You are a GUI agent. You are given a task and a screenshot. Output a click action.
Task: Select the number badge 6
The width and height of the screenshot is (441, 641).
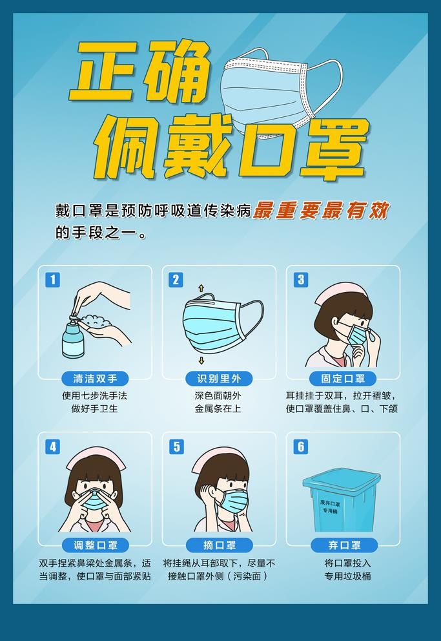(x=300, y=447)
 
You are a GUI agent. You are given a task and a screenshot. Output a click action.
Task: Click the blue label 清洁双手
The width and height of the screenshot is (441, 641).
(x=95, y=379)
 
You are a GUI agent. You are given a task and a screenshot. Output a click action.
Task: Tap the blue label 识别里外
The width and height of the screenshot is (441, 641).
(x=219, y=379)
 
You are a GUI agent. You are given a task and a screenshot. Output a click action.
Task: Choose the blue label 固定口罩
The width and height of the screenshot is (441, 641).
(x=342, y=379)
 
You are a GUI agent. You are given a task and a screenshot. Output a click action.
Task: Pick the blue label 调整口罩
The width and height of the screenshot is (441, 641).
(x=95, y=545)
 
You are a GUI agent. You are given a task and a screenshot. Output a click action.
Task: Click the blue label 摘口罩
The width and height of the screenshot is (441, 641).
(x=219, y=545)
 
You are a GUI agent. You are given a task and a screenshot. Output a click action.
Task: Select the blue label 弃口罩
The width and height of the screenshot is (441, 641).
(x=342, y=545)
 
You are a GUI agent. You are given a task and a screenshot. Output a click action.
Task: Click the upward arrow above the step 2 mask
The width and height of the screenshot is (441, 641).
(x=201, y=287)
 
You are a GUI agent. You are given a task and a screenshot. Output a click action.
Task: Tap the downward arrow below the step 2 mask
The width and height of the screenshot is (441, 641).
(x=201, y=361)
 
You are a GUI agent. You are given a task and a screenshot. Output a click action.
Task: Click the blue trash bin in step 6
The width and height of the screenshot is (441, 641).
(x=342, y=501)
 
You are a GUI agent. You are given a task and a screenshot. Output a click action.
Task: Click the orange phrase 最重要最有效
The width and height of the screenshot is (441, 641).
(x=321, y=211)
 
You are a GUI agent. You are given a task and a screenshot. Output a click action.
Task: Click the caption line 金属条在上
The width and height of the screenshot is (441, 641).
(x=219, y=409)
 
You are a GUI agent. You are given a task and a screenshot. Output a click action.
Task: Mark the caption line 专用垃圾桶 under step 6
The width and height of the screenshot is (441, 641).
(x=342, y=576)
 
